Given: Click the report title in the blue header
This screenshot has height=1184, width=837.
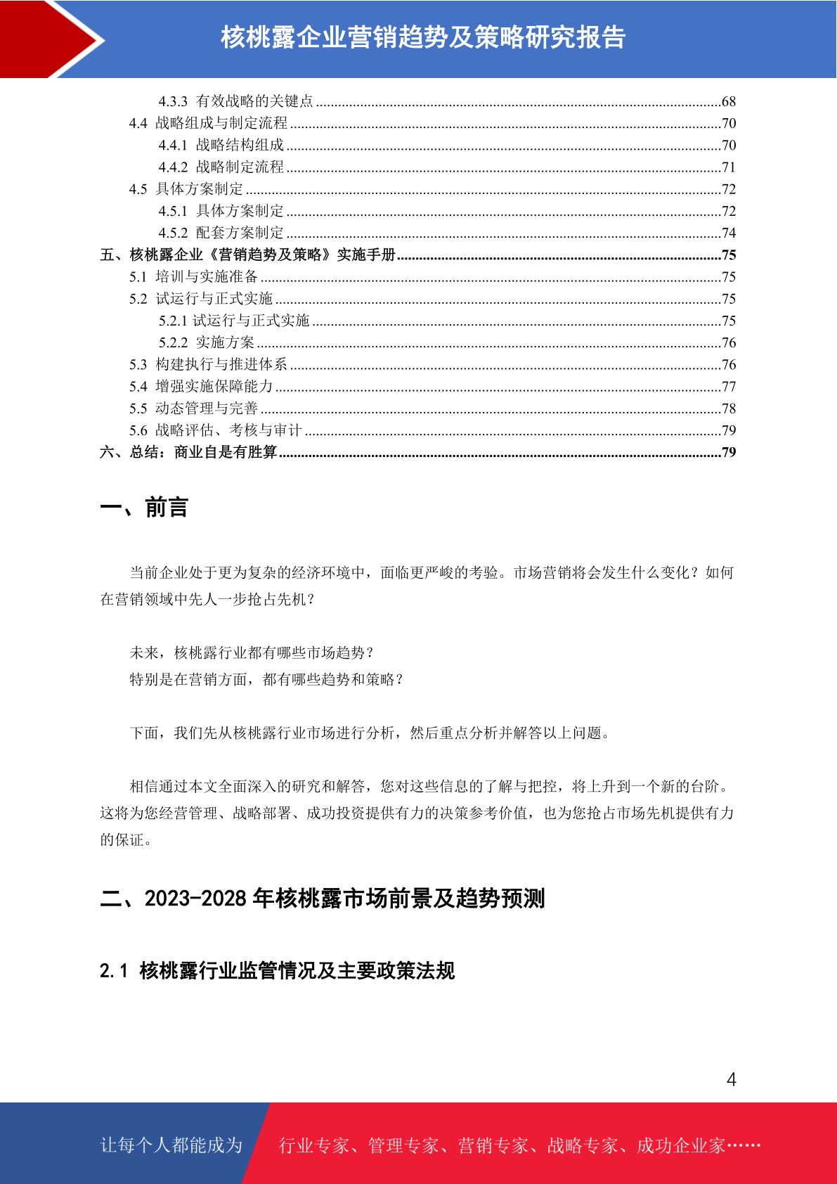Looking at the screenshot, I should pyautogui.click(x=423, y=37).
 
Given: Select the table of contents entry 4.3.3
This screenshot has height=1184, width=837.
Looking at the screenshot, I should pyautogui.click(x=235, y=101).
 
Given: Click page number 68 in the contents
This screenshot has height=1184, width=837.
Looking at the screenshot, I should pyautogui.click(x=728, y=102).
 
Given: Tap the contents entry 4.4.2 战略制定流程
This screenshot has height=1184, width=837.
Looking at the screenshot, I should pyautogui.click(x=221, y=167).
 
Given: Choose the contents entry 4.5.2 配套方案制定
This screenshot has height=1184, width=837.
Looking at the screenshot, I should pyautogui.click(x=221, y=233).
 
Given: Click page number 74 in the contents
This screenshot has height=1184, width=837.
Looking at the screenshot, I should pyautogui.click(x=728, y=233).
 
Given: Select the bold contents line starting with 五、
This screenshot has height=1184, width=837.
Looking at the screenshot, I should pyautogui.click(x=247, y=255).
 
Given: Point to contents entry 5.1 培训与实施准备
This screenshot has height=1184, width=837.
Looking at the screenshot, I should pyautogui.click(x=194, y=277).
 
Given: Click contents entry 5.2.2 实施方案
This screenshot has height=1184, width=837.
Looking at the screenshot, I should pyautogui.click(x=207, y=342).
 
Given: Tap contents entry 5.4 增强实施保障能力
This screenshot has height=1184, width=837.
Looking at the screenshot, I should pyautogui.click(x=201, y=387).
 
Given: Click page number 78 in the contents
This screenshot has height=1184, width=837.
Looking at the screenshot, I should pyautogui.click(x=728, y=408).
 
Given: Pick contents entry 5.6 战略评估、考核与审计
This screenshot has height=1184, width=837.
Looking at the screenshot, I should pyautogui.click(x=215, y=430).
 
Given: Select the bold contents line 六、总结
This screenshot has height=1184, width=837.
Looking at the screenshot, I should pyautogui.click(x=188, y=452).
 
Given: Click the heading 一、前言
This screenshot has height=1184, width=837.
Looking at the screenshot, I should pyautogui.click(x=144, y=507).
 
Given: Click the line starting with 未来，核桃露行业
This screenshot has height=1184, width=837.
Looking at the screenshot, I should pyautogui.click(x=252, y=653).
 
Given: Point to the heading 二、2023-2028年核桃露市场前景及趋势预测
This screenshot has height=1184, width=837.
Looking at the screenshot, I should pyautogui.click(x=323, y=899).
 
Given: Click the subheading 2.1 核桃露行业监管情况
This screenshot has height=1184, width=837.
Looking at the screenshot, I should pyautogui.click(x=277, y=971).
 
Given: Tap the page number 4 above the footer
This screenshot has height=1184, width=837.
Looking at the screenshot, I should pyautogui.click(x=731, y=1079).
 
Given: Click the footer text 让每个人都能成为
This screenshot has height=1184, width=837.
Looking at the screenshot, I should pyautogui.click(x=171, y=1145).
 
